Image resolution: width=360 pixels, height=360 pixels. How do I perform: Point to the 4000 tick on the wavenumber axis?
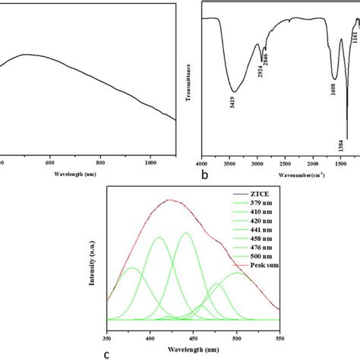click(201, 163)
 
